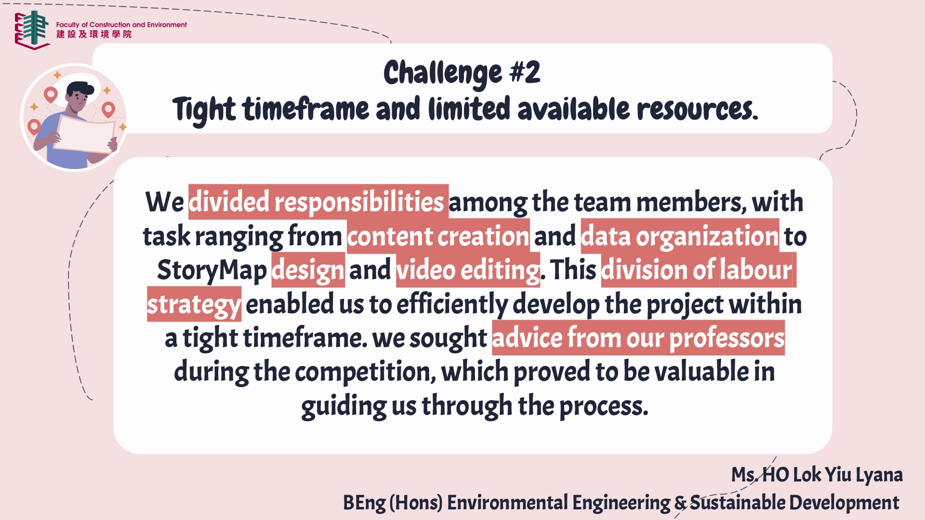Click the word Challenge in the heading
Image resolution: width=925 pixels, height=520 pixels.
(442, 74)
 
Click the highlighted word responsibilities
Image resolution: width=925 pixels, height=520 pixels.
(359, 202)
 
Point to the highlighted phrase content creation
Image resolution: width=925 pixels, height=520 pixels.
(438, 236)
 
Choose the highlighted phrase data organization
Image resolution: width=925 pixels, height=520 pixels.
(680, 236)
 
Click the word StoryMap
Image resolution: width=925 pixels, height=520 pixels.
(211, 271)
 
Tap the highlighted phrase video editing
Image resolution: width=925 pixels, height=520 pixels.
(468, 271)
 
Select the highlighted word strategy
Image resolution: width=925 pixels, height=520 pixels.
(194, 305)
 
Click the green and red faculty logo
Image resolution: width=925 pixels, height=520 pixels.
(32, 30)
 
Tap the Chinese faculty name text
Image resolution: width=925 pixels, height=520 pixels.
(94, 34)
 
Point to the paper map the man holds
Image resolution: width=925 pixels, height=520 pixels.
(86, 134)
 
